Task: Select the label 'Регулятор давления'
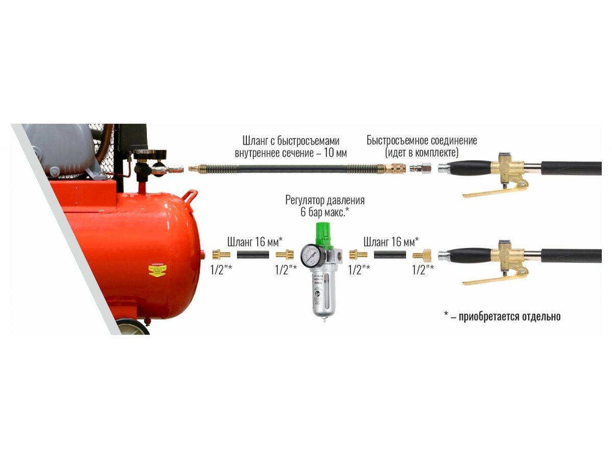(325, 200)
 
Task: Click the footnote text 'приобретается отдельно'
(509, 317)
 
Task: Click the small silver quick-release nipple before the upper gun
(420, 168)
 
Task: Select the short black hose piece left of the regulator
(253, 254)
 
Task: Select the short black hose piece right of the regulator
(390, 254)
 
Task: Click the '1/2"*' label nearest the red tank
(221, 270)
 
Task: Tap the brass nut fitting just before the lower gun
(422, 255)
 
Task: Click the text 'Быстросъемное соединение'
(422, 140)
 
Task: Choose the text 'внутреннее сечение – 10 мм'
(291, 153)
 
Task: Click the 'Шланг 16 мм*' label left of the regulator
(255, 242)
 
